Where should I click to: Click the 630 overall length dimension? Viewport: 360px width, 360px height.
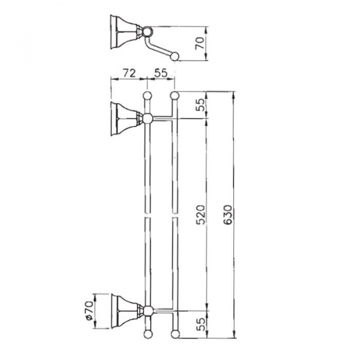click(228, 215)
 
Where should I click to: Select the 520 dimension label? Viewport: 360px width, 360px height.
click(200, 215)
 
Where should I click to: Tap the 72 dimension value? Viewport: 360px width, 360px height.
click(130, 73)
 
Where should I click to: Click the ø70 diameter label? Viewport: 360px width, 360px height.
click(89, 310)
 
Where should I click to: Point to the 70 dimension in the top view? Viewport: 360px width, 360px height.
click(200, 43)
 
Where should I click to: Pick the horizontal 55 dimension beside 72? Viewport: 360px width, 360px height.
click(161, 73)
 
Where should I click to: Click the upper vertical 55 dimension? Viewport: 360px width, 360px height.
click(200, 104)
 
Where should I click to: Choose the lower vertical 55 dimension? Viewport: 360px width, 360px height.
click(200, 324)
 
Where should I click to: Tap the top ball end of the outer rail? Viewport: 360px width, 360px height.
click(175, 95)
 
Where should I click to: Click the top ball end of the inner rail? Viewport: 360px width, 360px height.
click(148, 95)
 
